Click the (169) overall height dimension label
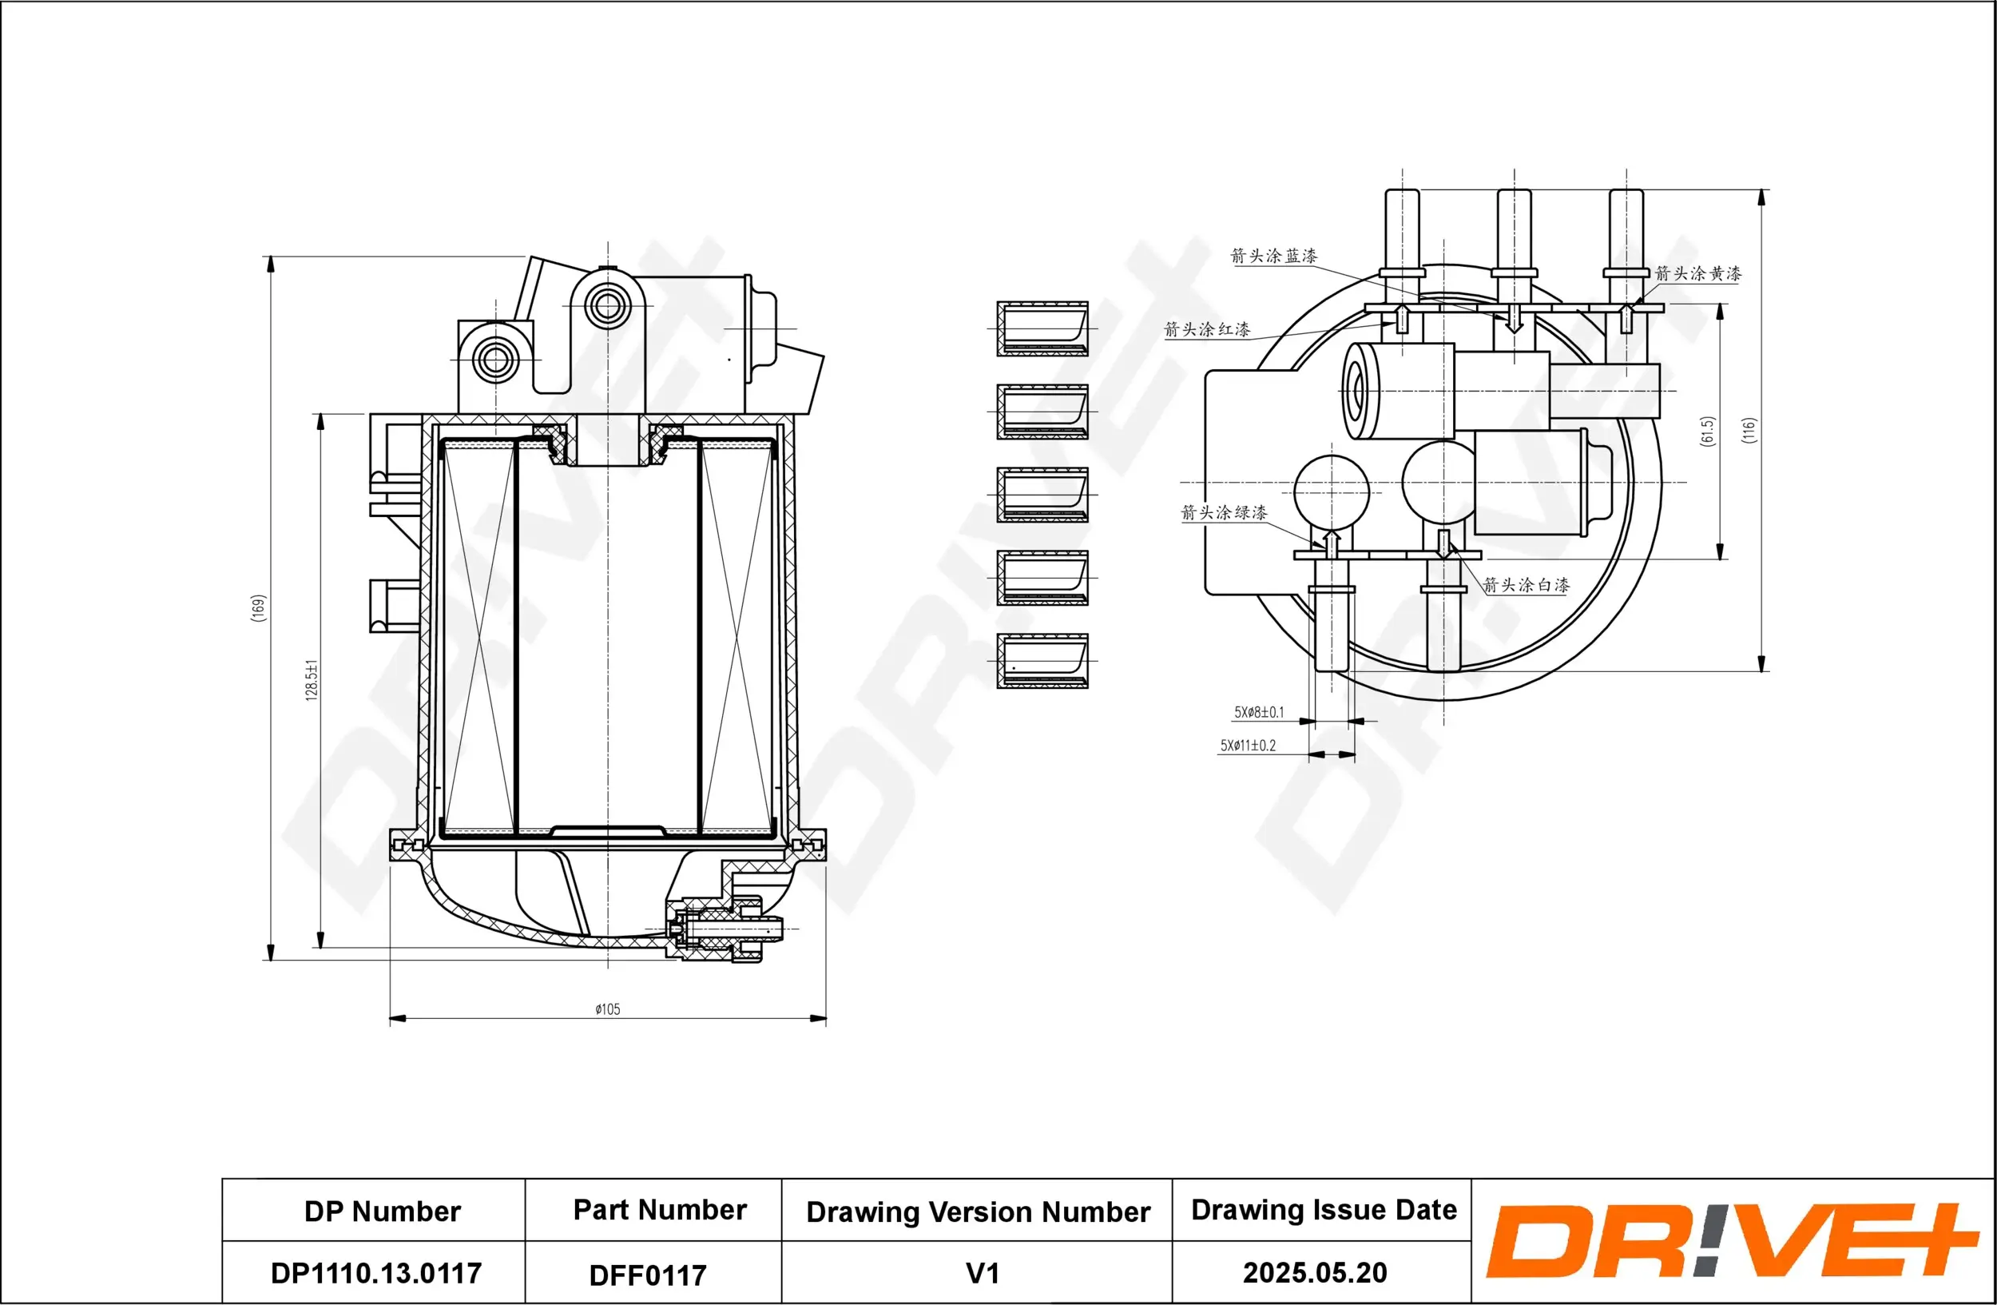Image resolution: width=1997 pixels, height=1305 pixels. [259, 607]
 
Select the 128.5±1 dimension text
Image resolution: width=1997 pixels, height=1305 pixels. [312, 680]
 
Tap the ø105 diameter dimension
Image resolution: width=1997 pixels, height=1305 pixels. [608, 1009]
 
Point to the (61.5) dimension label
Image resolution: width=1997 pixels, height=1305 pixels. [1707, 432]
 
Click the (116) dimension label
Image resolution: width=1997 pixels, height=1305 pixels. [1748, 431]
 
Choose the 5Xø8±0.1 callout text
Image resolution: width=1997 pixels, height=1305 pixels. [1258, 713]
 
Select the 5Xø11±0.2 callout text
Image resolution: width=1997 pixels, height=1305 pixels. [1248, 746]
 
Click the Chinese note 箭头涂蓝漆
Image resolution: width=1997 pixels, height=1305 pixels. [1272, 256]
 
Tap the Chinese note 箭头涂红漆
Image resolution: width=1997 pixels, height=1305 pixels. [1207, 330]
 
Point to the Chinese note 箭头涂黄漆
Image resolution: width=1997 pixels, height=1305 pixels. [1697, 273]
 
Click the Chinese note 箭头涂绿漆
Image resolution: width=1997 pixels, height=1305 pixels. [1224, 513]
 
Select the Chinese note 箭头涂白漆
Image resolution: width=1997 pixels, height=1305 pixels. [1526, 586]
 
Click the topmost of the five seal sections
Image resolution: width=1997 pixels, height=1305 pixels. [1042, 329]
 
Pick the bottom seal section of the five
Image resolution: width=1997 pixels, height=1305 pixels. [1042, 662]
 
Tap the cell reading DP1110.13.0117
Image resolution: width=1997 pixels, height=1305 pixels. [376, 1273]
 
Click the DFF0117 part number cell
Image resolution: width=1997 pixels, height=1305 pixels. [648, 1275]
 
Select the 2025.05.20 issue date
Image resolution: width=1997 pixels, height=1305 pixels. [1314, 1273]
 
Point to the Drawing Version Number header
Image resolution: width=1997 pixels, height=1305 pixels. [978, 1212]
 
